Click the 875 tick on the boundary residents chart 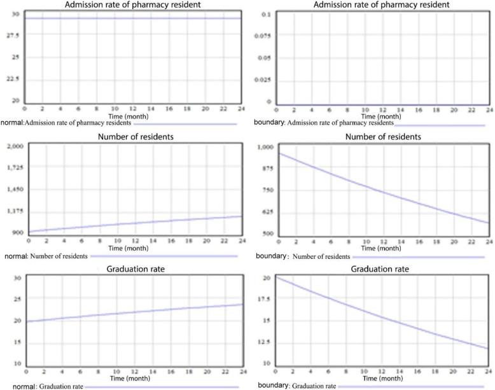[265, 168]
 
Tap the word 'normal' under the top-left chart [12, 123]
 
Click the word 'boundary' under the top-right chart [265, 123]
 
